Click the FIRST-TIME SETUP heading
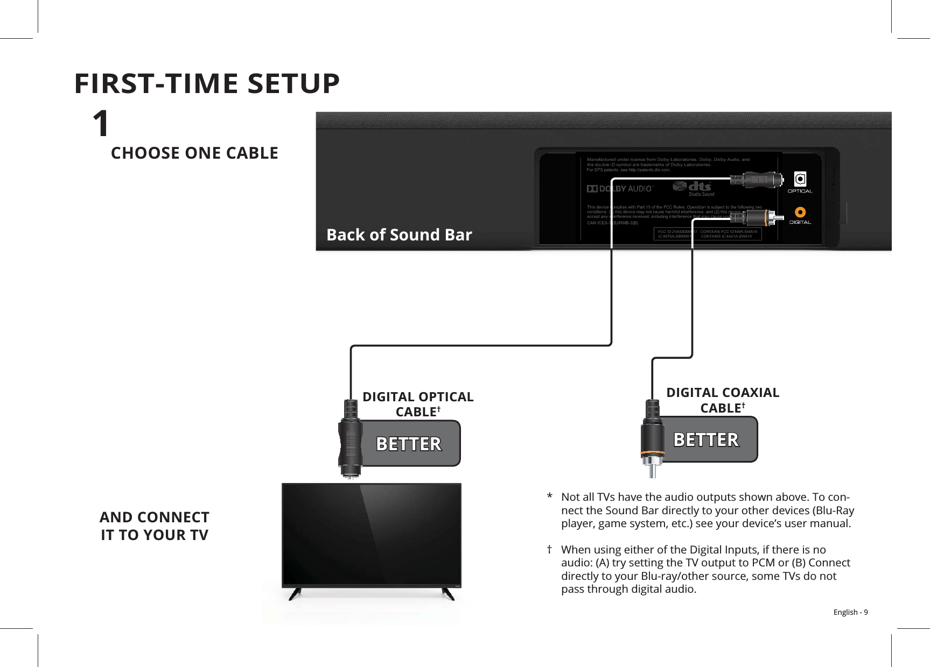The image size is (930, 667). coord(207,83)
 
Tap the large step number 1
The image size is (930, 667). coord(101,124)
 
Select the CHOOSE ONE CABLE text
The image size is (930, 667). coord(194,153)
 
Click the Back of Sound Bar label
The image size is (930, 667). coord(399,235)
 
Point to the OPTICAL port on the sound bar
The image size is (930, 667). coord(800,179)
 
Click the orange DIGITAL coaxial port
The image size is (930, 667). coord(800,212)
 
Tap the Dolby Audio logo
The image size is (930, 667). coord(620,189)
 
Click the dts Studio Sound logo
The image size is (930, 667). coord(694,188)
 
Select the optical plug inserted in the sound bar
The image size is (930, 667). coord(756,179)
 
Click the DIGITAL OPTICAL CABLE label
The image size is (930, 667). coord(418,404)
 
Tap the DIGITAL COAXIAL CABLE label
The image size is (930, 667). coord(723,400)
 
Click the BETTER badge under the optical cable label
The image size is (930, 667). coord(409,444)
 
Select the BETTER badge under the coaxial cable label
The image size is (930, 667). coord(707,439)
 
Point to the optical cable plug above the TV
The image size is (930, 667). coord(351,438)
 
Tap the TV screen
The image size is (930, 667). coord(372,534)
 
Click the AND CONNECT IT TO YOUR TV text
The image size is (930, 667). coord(155,526)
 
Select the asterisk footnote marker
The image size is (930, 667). coord(549,496)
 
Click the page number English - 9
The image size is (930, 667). coord(850,612)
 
